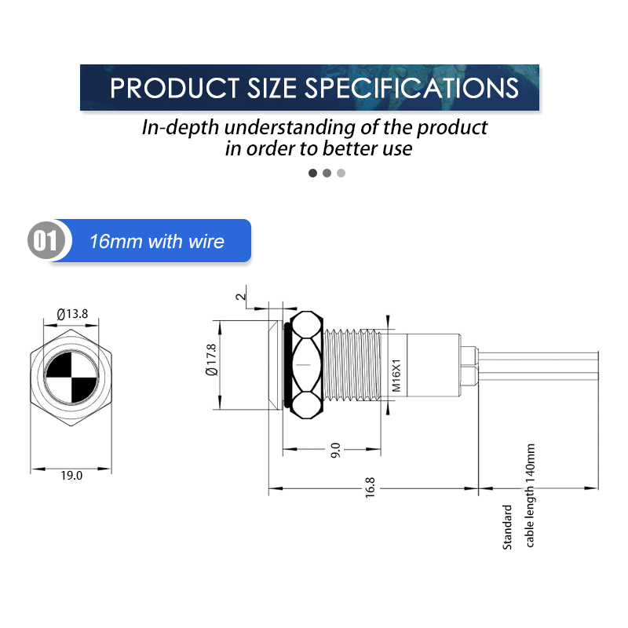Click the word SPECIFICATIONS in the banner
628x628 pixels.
tap(411, 88)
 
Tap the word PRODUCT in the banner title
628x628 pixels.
tap(174, 88)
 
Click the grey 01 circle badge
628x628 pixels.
tap(46, 240)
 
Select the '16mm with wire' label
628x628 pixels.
tap(156, 241)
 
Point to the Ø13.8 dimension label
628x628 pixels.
tap(72, 313)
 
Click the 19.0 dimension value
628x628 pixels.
tap(71, 476)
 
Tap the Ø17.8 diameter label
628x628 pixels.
tap(211, 360)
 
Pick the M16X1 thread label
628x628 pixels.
tap(396, 375)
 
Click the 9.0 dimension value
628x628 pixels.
tap(335, 450)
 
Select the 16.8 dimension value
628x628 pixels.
tap(370, 487)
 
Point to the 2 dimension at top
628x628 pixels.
tap(240, 297)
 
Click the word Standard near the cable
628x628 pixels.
tap(507, 527)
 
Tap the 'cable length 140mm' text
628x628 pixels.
tap(530, 495)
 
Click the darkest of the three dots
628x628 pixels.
tap(312, 173)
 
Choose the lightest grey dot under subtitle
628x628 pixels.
tap(341, 173)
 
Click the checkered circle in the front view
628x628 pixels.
tap(71, 378)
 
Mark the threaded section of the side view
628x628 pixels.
tap(351, 365)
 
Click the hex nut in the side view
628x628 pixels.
tap(306, 365)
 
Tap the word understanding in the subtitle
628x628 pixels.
tap(290, 128)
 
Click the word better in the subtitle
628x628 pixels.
tap(350, 148)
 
